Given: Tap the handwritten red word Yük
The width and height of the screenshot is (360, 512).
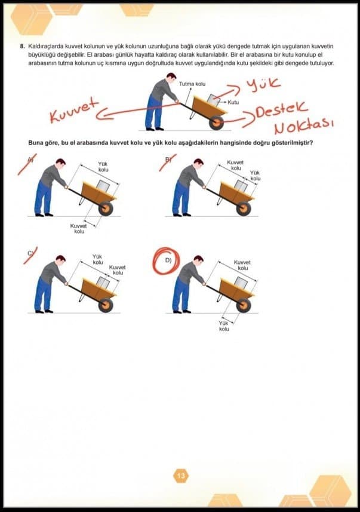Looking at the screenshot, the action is pos(263,84).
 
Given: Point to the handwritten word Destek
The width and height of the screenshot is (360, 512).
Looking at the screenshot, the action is pos(281,109).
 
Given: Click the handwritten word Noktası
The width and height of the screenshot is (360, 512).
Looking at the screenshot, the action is pos(303,126).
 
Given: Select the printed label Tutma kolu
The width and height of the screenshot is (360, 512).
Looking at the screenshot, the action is pos(192,84).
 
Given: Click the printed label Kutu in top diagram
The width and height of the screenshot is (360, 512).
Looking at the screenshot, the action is pos(233,102).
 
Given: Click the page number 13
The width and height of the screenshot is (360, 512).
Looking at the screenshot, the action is pos(181,476).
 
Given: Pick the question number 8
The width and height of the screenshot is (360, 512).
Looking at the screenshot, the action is pos(22,46).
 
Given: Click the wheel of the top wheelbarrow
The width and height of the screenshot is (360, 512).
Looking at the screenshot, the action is pos(216,123).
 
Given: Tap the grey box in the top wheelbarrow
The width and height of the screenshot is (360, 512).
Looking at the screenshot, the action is pos(214,100).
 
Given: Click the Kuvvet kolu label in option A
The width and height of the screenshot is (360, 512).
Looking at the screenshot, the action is pos(79,228).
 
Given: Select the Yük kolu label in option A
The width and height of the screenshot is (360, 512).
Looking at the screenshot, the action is pos(103,167).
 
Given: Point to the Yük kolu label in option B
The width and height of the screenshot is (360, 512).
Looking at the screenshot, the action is pos(255,176).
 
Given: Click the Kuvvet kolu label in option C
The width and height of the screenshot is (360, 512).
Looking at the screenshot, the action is pos(118,269).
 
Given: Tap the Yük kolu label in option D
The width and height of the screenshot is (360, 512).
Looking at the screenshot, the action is pos(224,326).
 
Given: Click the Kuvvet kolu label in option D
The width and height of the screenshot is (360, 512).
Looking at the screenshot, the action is pos(242,265).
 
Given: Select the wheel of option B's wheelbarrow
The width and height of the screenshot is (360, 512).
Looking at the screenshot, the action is pos(244,209).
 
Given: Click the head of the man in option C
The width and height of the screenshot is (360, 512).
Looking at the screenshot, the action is pos(60,260).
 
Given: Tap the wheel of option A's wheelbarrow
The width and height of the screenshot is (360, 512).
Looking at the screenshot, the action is pos(106,209).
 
